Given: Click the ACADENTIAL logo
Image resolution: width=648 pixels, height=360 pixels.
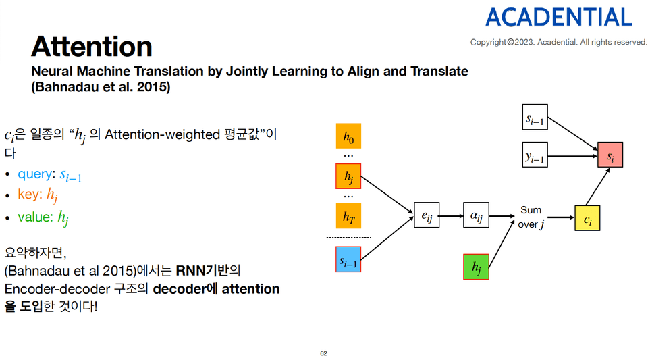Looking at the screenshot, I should pyautogui.click(x=558, y=17).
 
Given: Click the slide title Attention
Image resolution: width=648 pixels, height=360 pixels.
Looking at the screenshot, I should pyautogui.click(x=91, y=47).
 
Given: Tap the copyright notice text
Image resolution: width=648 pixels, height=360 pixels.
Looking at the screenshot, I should pyautogui.click(x=558, y=42).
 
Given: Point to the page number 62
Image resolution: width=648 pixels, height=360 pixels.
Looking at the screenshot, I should pyautogui.click(x=323, y=353).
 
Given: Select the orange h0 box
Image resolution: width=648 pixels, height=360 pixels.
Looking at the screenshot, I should pyautogui.click(x=348, y=137).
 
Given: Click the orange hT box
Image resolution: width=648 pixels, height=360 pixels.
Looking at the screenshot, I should pyautogui.click(x=348, y=216).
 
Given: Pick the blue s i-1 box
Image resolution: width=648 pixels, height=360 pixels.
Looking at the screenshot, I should pyautogui.click(x=348, y=260).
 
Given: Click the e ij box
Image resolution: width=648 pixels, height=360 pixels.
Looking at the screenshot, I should pyautogui.click(x=426, y=216).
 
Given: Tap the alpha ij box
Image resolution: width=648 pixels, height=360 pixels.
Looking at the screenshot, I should pyautogui.click(x=476, y=216).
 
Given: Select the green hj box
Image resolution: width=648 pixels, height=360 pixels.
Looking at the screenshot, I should pyautogui.click(x=476, y=267).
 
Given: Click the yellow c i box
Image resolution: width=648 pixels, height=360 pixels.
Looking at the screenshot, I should pyautogui.click(x=587, y=218).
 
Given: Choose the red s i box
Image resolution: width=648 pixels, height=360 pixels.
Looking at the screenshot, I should pyautogui.click(x=610, y=155).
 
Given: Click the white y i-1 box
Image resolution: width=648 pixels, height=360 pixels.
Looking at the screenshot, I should pyautogui.click(x=535, y=155).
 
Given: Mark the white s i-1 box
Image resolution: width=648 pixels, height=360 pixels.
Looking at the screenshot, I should pyautogui.click(x=535, y=118).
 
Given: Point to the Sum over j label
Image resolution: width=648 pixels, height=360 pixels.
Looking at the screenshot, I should pyautogui.click(x=530, y=217).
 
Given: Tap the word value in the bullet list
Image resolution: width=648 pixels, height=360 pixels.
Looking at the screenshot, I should pyautogui.click(x=34, y=217).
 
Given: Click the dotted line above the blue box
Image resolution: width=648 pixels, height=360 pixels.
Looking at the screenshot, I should pyautogui.click(x=348, y=238).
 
